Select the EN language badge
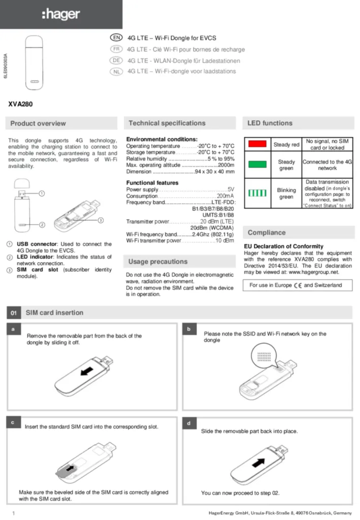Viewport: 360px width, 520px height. point(116,38)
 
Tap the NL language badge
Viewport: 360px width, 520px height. point(116,72)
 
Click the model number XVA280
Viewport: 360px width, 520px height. point(20,105)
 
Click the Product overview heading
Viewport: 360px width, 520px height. point(38,123)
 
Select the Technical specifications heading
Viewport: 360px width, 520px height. point(167,123)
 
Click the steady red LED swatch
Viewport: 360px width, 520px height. point(257,144)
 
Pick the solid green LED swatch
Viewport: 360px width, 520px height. point(257,165)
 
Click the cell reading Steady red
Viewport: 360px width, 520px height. point(286,144)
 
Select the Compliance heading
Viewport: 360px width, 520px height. point(267,233)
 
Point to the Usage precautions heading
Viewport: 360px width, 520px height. point(158,262)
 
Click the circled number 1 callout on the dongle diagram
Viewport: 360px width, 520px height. point(42,193)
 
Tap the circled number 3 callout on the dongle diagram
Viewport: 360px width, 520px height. point(101,220)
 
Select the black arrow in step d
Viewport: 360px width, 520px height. point(259,463)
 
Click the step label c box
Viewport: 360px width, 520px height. point(12,422)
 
